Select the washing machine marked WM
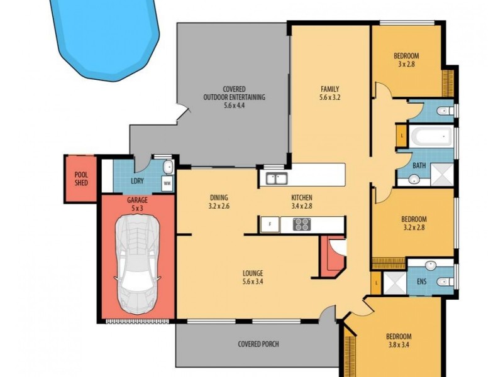coord(167,183)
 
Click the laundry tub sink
coord(167,167)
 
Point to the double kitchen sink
coord(275,178)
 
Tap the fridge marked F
coord(270,224)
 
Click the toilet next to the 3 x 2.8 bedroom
coord(445,111)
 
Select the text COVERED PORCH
coord(258,344)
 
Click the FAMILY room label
coord(329,89)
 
